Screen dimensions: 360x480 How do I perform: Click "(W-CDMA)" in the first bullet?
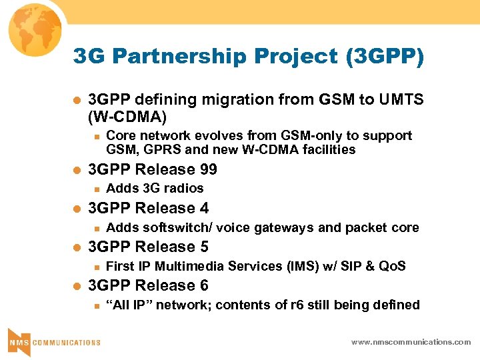coord(127,117)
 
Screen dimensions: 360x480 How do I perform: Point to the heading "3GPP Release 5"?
coord(148,247)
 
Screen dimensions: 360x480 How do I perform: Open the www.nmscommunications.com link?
coord(411,342)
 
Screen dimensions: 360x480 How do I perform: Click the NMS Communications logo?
coord(53,341)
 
